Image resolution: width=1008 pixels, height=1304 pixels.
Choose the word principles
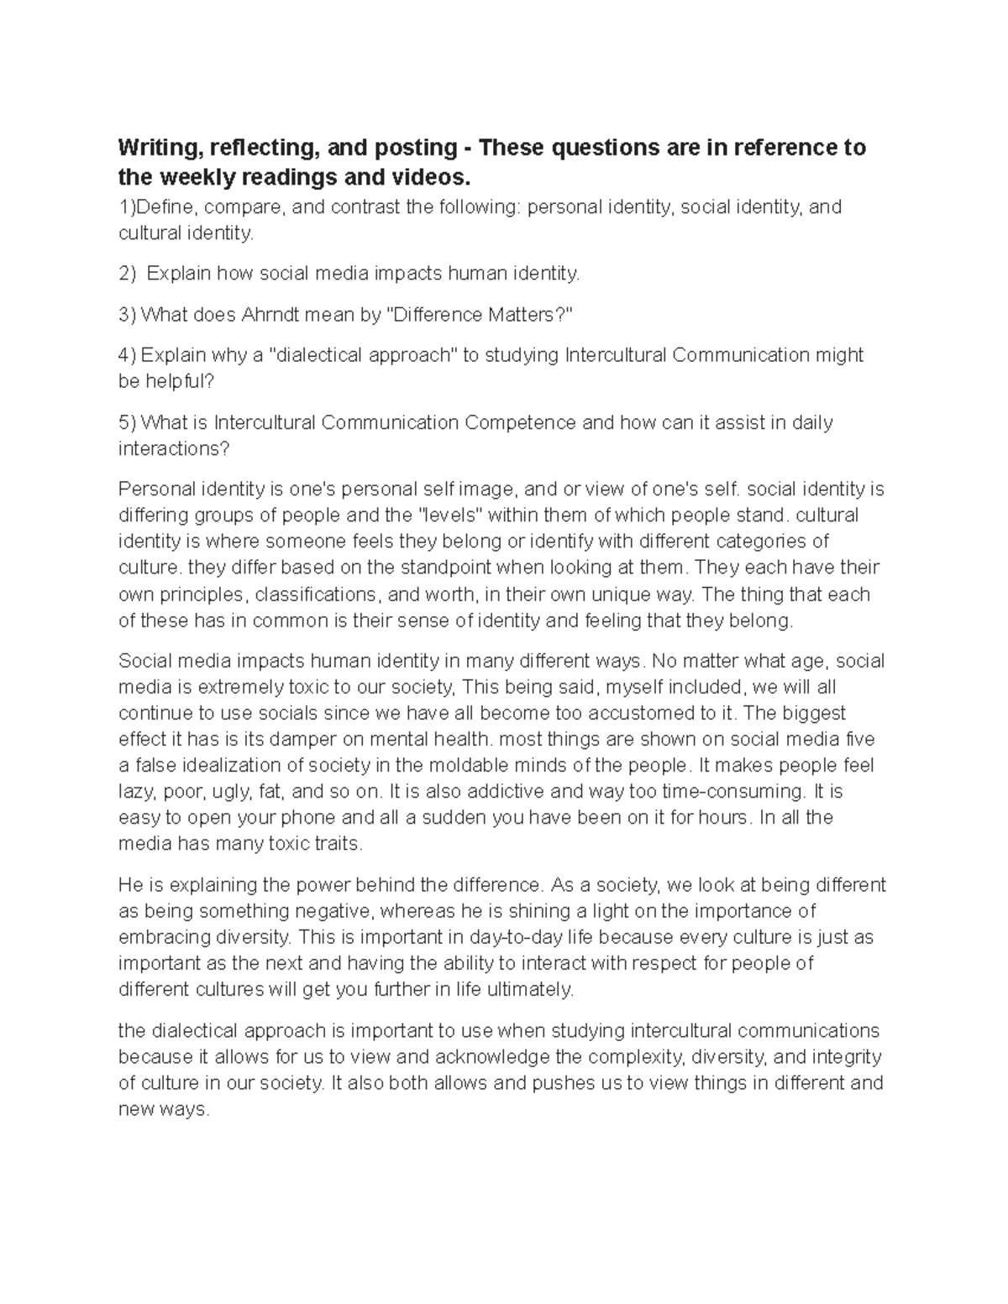[x=202, y=594]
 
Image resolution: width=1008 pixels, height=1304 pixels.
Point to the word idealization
[x=235, y=766]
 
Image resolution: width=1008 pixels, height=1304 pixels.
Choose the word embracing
[x=160, y=937]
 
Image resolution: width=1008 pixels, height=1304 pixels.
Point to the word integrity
[x=845, y=1056]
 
